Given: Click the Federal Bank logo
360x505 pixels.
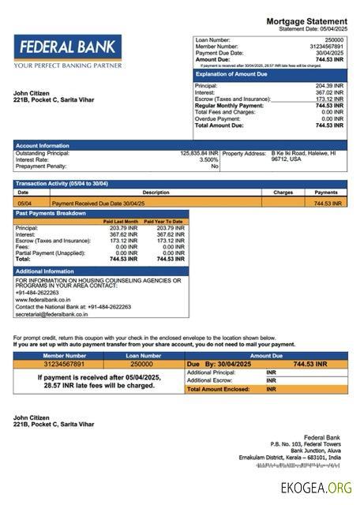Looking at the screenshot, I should tap(68, 51).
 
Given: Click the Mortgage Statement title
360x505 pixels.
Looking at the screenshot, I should tap(306, 21).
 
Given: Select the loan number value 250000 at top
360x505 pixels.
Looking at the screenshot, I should tap(334, 39).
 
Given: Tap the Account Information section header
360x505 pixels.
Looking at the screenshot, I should tap(43, 145).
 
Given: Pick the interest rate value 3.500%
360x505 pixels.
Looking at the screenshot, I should tap(208, 160).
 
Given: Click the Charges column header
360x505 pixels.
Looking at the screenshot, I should tap(283, 192).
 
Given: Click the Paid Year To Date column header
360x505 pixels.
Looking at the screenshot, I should tap(163, 222).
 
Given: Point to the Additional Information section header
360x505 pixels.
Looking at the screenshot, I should tap(48, 271).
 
